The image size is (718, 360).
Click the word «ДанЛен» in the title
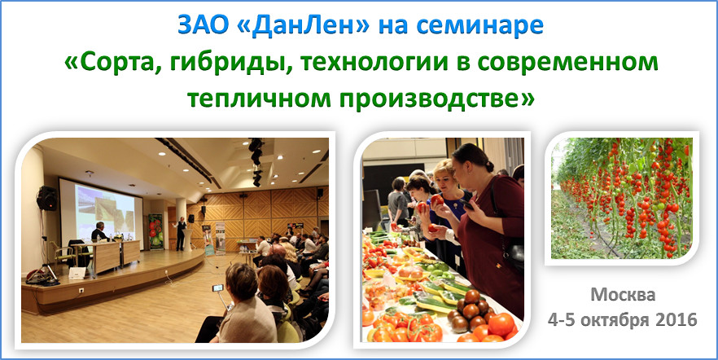(x=304, y=26)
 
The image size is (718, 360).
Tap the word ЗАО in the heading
(x=204, y=26)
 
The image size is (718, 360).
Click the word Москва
(x=623, y=295)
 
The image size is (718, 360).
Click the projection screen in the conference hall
(x=105, y=212)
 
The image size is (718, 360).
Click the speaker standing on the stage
(x=182, y=233)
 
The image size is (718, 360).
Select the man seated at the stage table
(x=99, y=232)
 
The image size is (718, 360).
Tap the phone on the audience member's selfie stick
(x=217, y=288)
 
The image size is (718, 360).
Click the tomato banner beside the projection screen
(x=155, y=232)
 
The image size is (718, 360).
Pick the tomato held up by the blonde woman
(x=437, y=200)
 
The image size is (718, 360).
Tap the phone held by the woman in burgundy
(x=467, y=204)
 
